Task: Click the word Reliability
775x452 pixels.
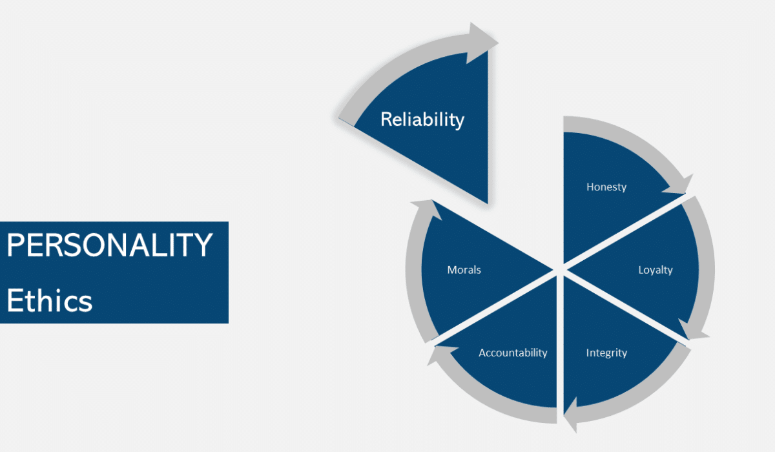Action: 422,119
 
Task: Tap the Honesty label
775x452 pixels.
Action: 606,187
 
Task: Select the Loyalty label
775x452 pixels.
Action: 655,270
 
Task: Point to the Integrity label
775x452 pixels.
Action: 606,353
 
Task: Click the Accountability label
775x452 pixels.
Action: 513,353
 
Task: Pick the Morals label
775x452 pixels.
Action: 464,270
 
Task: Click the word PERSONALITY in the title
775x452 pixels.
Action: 110,245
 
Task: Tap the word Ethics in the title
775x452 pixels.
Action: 50,301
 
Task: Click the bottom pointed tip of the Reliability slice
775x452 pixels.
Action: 486,202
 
